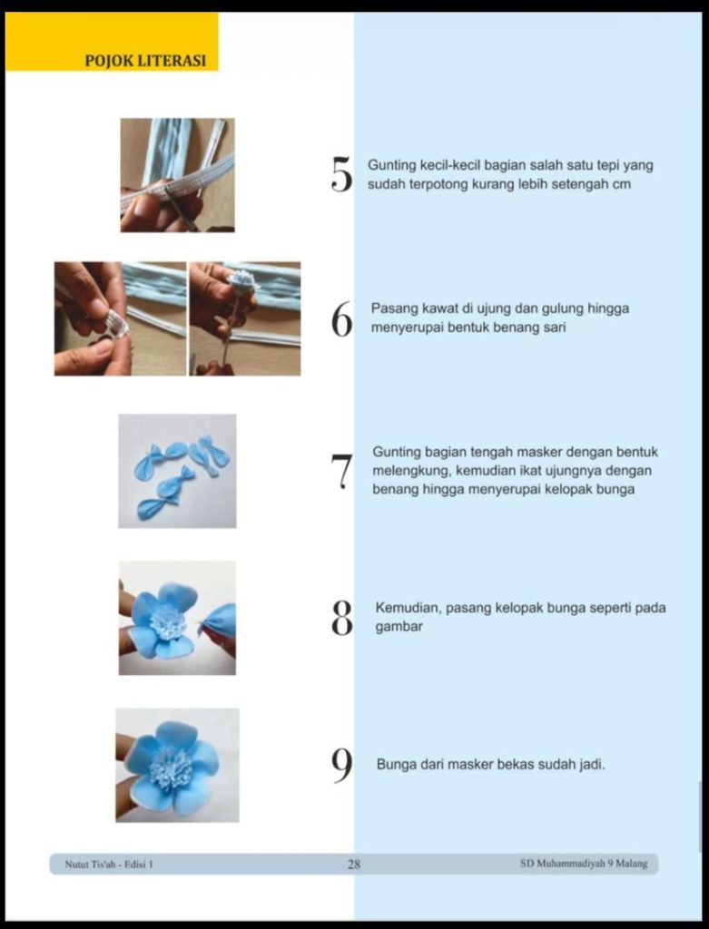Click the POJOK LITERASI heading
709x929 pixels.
(x=145, y=61)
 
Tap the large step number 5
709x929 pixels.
(x=341, y=174)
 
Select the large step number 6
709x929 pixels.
(x=342, y=319)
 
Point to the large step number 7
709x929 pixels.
(x=341, y=472)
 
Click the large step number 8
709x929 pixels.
(x=342, y=618)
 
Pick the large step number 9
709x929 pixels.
(x=342, y=765)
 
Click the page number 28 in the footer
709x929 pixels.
(x=354, y=864)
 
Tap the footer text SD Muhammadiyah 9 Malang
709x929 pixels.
(x=584, y=864)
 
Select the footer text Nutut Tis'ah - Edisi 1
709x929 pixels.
(x=109, y=864)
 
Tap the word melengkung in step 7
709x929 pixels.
(x=411, y=471)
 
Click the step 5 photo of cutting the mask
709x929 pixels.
(x=177, y=175)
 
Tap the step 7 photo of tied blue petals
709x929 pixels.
(x=177, y=471)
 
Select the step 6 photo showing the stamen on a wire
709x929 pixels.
(x=245, y=318)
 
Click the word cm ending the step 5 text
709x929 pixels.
(x=622, y=184)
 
